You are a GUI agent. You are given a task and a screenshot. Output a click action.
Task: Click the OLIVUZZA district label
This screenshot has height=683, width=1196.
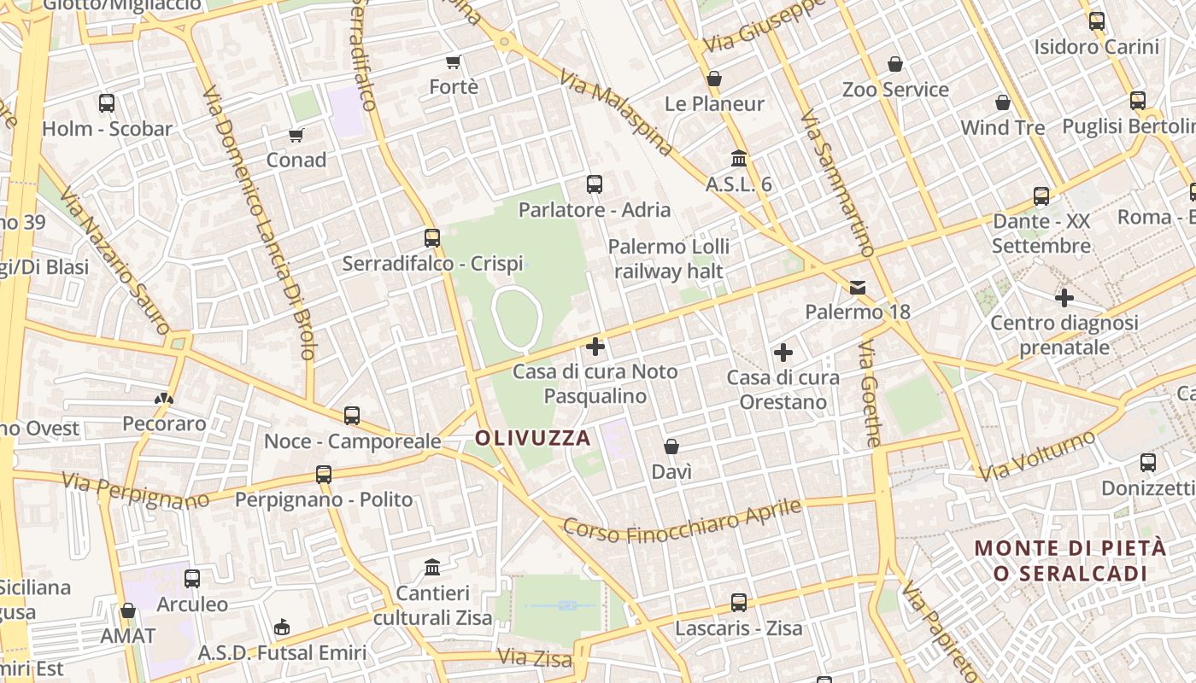point(532,439)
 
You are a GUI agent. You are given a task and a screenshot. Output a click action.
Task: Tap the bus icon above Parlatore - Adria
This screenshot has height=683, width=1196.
point(595,184)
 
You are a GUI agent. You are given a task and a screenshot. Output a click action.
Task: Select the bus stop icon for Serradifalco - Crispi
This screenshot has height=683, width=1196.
point(432,237)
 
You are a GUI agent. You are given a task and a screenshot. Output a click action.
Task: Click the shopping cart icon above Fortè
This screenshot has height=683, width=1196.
point(454,61)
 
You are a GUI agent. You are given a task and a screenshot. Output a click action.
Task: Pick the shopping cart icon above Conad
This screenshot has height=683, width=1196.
point(296,135)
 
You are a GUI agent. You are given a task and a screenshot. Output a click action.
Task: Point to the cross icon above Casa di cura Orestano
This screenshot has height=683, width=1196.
point(783,352)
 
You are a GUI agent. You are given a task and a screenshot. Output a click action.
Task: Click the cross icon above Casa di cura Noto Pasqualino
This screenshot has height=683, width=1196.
point(595,347)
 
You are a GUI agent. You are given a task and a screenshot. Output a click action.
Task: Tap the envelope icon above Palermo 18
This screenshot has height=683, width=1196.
point(858,288)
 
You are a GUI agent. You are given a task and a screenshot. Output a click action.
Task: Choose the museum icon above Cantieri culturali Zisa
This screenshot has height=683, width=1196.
point(432,567)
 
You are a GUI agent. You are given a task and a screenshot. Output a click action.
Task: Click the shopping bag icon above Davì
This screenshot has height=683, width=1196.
point(671,447)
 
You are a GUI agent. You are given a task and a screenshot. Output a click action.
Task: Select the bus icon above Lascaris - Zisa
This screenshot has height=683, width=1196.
point(739,603)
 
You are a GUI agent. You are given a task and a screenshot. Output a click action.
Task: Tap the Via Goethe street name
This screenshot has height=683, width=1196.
point(871,394)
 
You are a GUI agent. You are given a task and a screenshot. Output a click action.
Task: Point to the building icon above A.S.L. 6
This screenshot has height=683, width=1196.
point(739,159)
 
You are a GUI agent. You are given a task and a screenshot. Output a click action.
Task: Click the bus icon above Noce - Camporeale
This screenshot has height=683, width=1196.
point(352,416)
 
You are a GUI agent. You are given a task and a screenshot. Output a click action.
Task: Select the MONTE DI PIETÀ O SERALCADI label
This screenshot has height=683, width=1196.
point(1070,560)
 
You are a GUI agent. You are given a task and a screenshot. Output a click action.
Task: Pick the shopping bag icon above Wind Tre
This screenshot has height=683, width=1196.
point(1003,102)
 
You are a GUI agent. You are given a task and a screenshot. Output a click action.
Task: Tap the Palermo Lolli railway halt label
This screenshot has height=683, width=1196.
point(669,259)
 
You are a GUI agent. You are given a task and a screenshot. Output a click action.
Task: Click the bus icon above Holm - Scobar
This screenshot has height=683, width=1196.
point(107,103)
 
